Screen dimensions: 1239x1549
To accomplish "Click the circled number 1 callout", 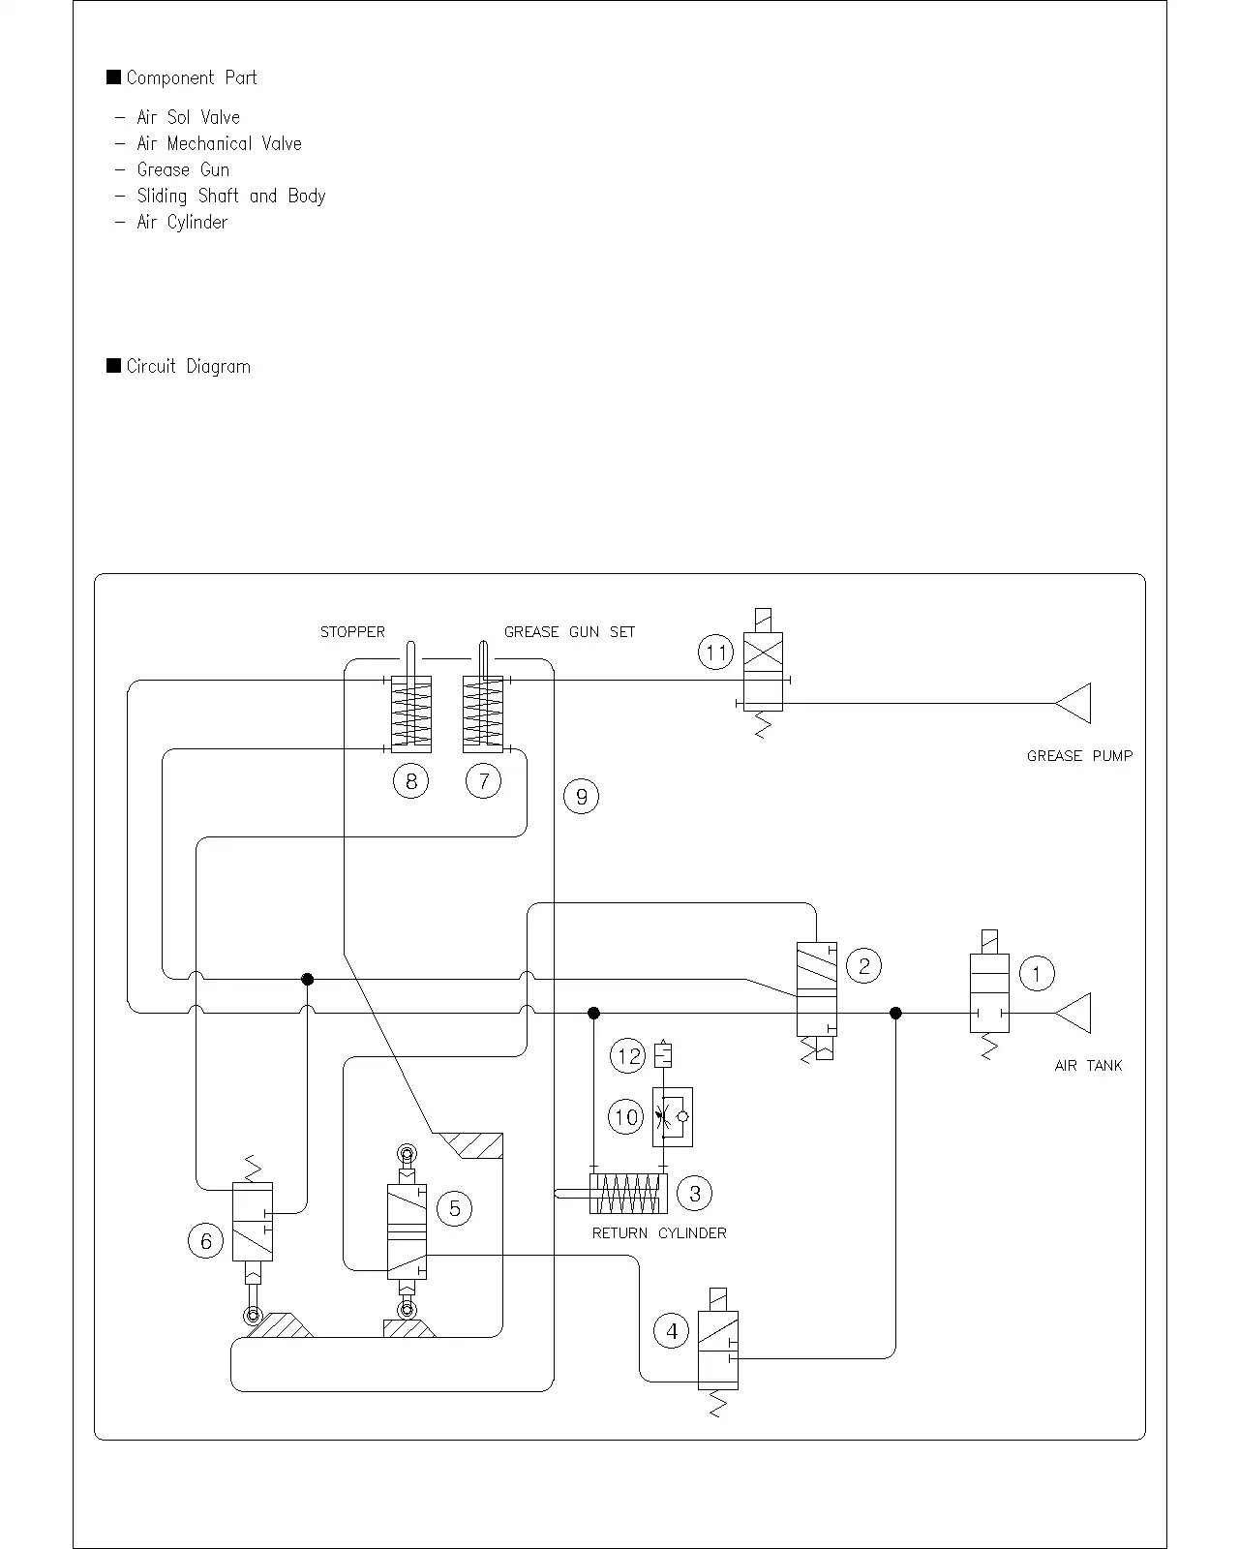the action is (x=1037, y=974).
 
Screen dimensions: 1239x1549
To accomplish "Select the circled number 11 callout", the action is (x=715, y=653).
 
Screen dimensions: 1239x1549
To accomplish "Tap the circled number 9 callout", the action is (x=581, y=796).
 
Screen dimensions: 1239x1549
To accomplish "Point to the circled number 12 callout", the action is (x=628, y=1056).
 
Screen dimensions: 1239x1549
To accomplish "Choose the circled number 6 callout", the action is (x=206, y=1241).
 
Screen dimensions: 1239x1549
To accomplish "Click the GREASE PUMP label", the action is (x=1079, y=756).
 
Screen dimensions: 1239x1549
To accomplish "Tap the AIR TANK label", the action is (x=1088, y=1065).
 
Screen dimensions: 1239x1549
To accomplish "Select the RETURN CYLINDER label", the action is (x=659, y=1233).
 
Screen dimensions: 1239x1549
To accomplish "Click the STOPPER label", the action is (x=352, y=632).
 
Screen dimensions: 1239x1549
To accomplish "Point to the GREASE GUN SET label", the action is (x=569, y=632).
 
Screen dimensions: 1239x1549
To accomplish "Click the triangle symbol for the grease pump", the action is (x=1073, y=703).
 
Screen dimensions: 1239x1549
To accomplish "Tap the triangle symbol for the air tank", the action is (x=1073, y=1013).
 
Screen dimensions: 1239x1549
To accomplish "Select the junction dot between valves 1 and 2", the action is (x=895, y=1013).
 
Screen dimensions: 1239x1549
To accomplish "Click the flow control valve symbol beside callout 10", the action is (x=673, y=1117).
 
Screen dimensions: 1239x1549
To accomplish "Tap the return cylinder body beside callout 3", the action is (x=628, y=1194).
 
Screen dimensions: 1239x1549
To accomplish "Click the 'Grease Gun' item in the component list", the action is (x=183, y=169).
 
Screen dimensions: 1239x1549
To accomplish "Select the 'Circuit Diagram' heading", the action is (x=188, y=366).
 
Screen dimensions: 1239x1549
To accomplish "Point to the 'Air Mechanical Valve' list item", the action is (x=219, y=143).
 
